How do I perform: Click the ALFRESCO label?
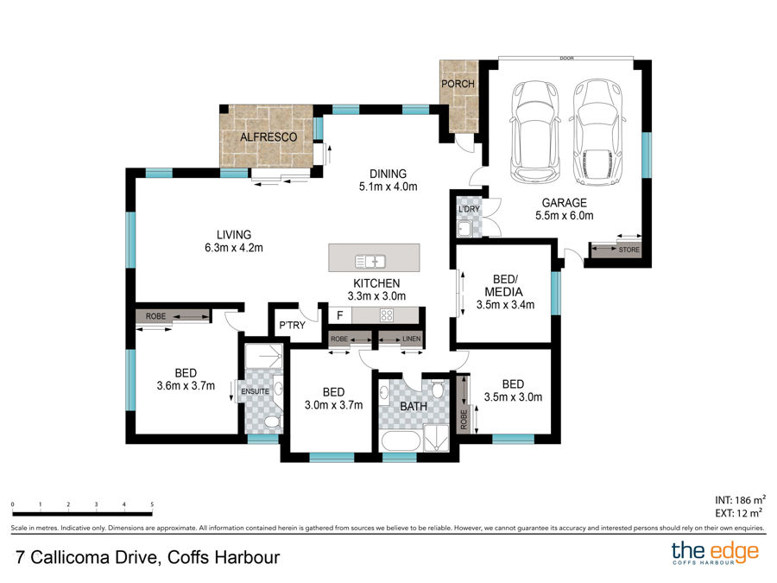pyautogui.click(x=268, y=136)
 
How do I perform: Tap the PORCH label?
pyautogui.click(x=458, y=84)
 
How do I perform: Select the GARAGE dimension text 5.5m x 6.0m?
pyautogui.click(x=565, y=216)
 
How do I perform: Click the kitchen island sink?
pyautogui.click(x=370, y=261)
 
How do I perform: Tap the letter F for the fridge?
pyautogui.click(x=340, y=315)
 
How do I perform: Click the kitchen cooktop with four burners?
pyautogui.click(x=387, y=315)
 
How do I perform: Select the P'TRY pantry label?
pyautogui.click(x=292, y=326)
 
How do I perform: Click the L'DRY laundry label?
pyautogui.click(x=469, y=209)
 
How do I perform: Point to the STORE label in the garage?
pyautogui.click(x=629, y=250)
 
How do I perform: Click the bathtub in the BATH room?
pyautogui.click(x=401, y=440)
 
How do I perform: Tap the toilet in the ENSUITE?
pyautogui.click(x=271, y=422)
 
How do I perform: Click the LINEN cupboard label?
pyautogui.click(x=411, y=339)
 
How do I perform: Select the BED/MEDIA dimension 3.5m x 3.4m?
pyautogui.click(x=505, y=305)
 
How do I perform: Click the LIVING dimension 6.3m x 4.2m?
pyautogui.click(x=234, y=248)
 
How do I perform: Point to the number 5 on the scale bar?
pyautogui.click(x=152, y=504)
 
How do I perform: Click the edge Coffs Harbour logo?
pyautogui.click(x=715, y=553)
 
